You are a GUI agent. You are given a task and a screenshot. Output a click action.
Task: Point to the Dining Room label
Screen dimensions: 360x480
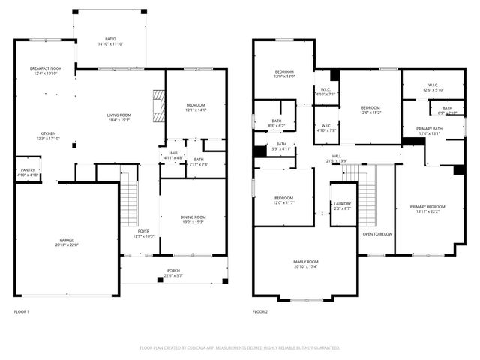pos(193,219)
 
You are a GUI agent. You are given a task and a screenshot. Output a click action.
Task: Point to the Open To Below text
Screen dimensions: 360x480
pos(377,234)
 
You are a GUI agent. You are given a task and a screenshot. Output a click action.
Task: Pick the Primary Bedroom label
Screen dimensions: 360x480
pos(427,208)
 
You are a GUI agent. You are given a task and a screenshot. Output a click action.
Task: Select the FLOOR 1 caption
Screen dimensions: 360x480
pos(22,310)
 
